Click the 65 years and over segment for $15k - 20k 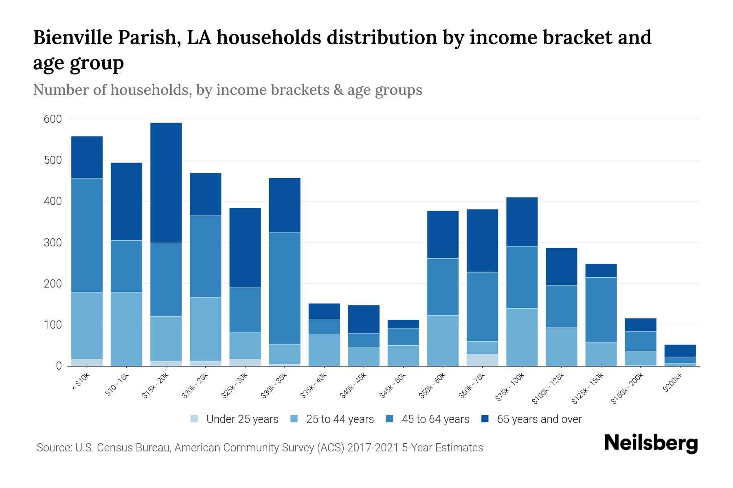point(166,183)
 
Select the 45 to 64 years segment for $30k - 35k point(285,288)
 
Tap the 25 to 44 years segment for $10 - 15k point(127,329)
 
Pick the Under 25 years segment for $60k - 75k point(483,360)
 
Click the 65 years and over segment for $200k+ point(680,351)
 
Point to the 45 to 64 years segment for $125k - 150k point(601,309)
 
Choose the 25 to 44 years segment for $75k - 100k point(522,337)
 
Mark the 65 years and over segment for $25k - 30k point(245,248)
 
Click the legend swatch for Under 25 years point(195,419)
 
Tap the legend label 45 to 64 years point(435,419)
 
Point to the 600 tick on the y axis point(53,119)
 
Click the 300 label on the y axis point(53,243)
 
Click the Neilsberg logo point(651,443)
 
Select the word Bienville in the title point(73,37)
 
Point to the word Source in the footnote point(53,448)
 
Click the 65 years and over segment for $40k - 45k point(364,319)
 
